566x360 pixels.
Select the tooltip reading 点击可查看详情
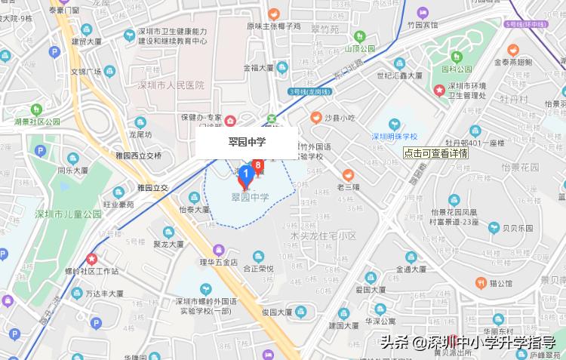tap(435, 152)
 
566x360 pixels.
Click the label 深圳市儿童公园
tap(68, 214)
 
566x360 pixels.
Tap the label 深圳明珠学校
tap(394, 137)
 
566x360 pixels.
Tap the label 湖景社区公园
tap(36, 122)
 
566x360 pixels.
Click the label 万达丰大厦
tap(104, 293)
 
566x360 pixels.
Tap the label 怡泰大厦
tap(195, 211)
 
